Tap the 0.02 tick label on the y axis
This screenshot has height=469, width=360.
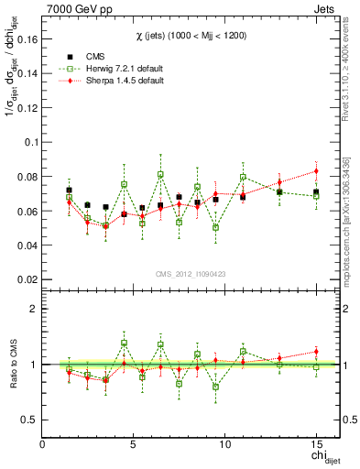27,279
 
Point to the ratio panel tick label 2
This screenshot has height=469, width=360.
34,309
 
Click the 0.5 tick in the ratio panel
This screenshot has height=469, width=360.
30,420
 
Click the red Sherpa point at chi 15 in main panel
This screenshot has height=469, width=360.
316,171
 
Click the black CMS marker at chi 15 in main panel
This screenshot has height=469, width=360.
316,192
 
